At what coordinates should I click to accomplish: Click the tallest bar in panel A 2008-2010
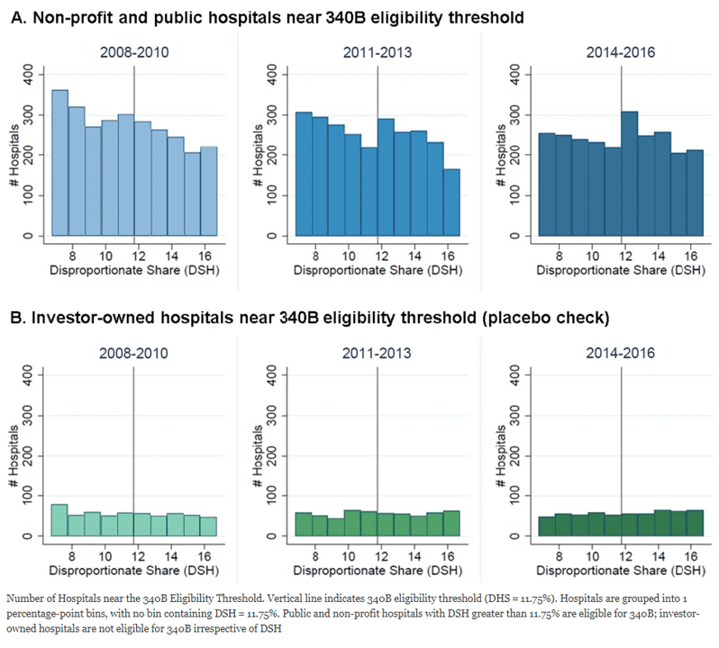pos(59,162)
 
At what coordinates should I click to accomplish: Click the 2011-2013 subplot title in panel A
pos(377,52)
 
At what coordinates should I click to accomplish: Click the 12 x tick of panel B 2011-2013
pos(377,545)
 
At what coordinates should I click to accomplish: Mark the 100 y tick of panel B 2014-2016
pos(518,496)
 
